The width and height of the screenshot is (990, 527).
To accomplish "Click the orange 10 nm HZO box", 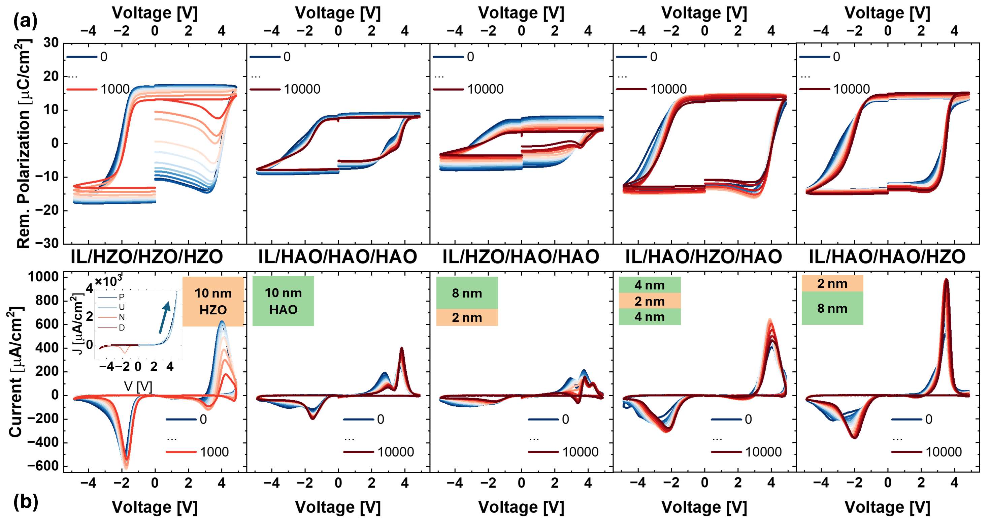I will pos(213,301).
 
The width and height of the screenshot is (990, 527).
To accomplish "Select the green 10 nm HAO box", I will pos(283,301).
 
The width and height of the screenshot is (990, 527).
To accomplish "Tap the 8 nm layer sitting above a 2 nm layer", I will pos(467,293).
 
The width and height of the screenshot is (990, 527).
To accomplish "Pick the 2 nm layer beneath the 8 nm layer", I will pos(467,317).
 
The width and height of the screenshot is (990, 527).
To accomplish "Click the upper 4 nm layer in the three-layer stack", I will pos(650,285).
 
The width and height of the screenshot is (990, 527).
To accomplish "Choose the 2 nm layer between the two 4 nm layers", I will pos(650,301).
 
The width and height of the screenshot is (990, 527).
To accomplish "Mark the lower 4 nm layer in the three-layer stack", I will pos(650,317).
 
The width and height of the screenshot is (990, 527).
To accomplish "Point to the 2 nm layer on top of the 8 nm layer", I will pos(832,283).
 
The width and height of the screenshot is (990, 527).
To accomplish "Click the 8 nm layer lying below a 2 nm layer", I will pos(832,308).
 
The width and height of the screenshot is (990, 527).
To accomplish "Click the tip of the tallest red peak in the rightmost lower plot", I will pos(946,279).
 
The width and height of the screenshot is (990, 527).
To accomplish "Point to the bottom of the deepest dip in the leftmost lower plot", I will pos(126,468).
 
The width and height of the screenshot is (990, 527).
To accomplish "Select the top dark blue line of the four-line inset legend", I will pos(107,297).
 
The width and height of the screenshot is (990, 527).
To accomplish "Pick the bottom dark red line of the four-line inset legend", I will pos(107,328).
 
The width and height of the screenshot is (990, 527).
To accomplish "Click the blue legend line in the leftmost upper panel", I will pos(82,57).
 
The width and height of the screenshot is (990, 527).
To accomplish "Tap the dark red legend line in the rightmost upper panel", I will pos(815,89).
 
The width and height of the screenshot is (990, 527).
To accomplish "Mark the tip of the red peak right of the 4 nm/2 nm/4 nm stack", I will pos(770,319).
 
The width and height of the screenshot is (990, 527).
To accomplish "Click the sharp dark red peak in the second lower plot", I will pos(402,348).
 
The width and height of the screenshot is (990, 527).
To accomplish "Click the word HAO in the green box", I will pos(283,310).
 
